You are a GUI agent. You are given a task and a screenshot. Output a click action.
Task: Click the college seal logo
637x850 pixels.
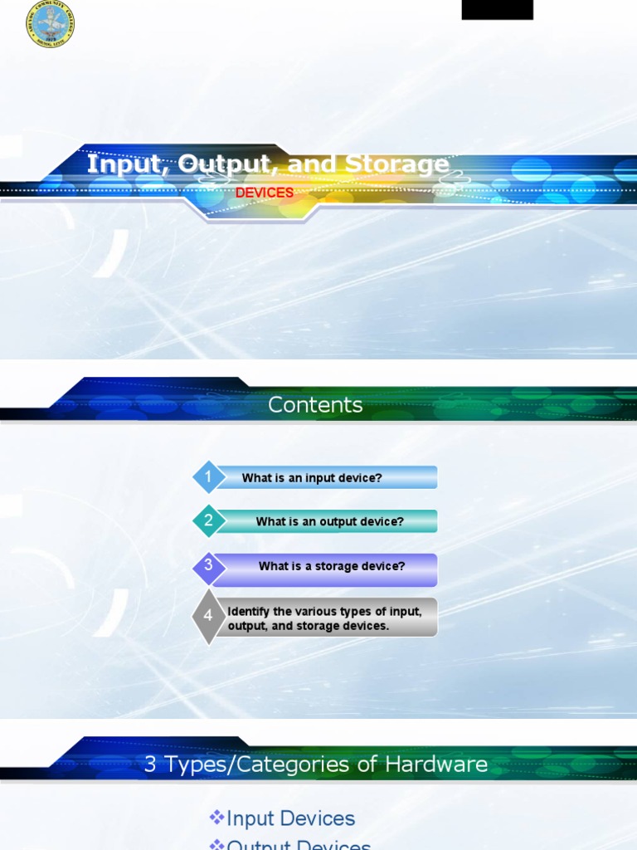tap(50, 24)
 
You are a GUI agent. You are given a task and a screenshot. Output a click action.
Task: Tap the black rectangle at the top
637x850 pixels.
tap(497, 10)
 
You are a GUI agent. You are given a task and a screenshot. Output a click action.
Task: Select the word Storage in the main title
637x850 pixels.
tap(396, 164)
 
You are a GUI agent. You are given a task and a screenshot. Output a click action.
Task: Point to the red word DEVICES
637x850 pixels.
tap(265, 193)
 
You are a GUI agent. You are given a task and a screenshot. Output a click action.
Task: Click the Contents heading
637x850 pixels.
tap(315, 405)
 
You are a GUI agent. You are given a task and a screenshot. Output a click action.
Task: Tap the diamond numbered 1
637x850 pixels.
tap(209, 477)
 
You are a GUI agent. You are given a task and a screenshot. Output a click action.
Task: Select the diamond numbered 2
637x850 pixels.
tap(209, 521)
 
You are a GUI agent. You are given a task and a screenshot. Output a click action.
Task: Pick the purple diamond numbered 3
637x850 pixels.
tap(209, 565)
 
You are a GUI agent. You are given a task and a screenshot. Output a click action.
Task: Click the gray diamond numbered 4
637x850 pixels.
tap(208, 616)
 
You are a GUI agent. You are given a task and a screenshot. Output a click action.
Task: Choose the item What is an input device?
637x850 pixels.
tap(312, 478)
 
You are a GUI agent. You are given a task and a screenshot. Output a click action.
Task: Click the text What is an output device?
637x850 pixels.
tap(329, 522)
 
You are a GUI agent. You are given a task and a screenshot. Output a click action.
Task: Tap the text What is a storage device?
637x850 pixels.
tap(332, 566)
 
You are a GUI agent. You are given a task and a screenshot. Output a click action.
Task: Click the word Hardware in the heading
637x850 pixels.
tap(443, 765)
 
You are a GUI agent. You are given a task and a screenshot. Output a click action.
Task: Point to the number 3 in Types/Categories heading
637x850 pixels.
tap(150, 765)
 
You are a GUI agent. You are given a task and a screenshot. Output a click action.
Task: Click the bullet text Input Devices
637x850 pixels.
tap(290, 818)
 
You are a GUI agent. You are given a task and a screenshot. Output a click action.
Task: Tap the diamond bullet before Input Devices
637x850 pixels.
tap(216, 818)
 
